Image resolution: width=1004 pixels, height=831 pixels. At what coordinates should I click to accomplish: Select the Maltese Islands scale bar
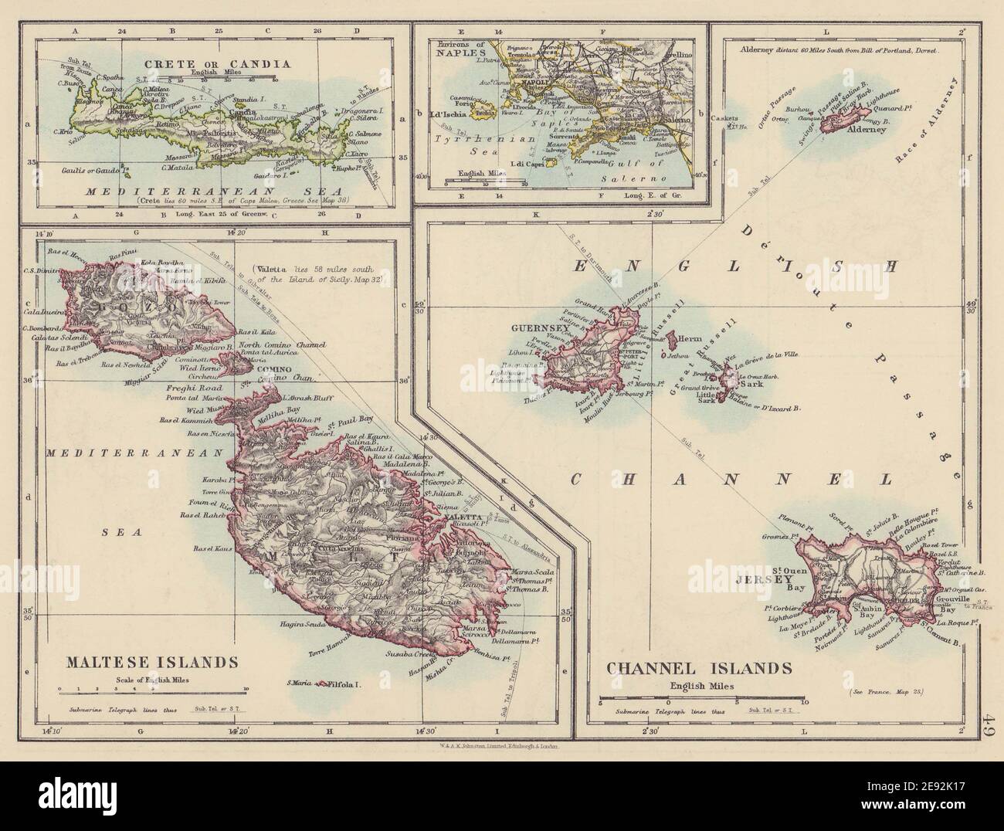tap(152, 690)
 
